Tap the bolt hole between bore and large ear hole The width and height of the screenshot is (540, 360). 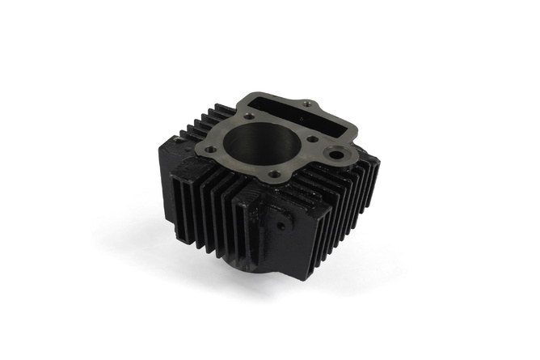coord(312,138)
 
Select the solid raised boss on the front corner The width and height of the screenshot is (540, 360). coord(275,218)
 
